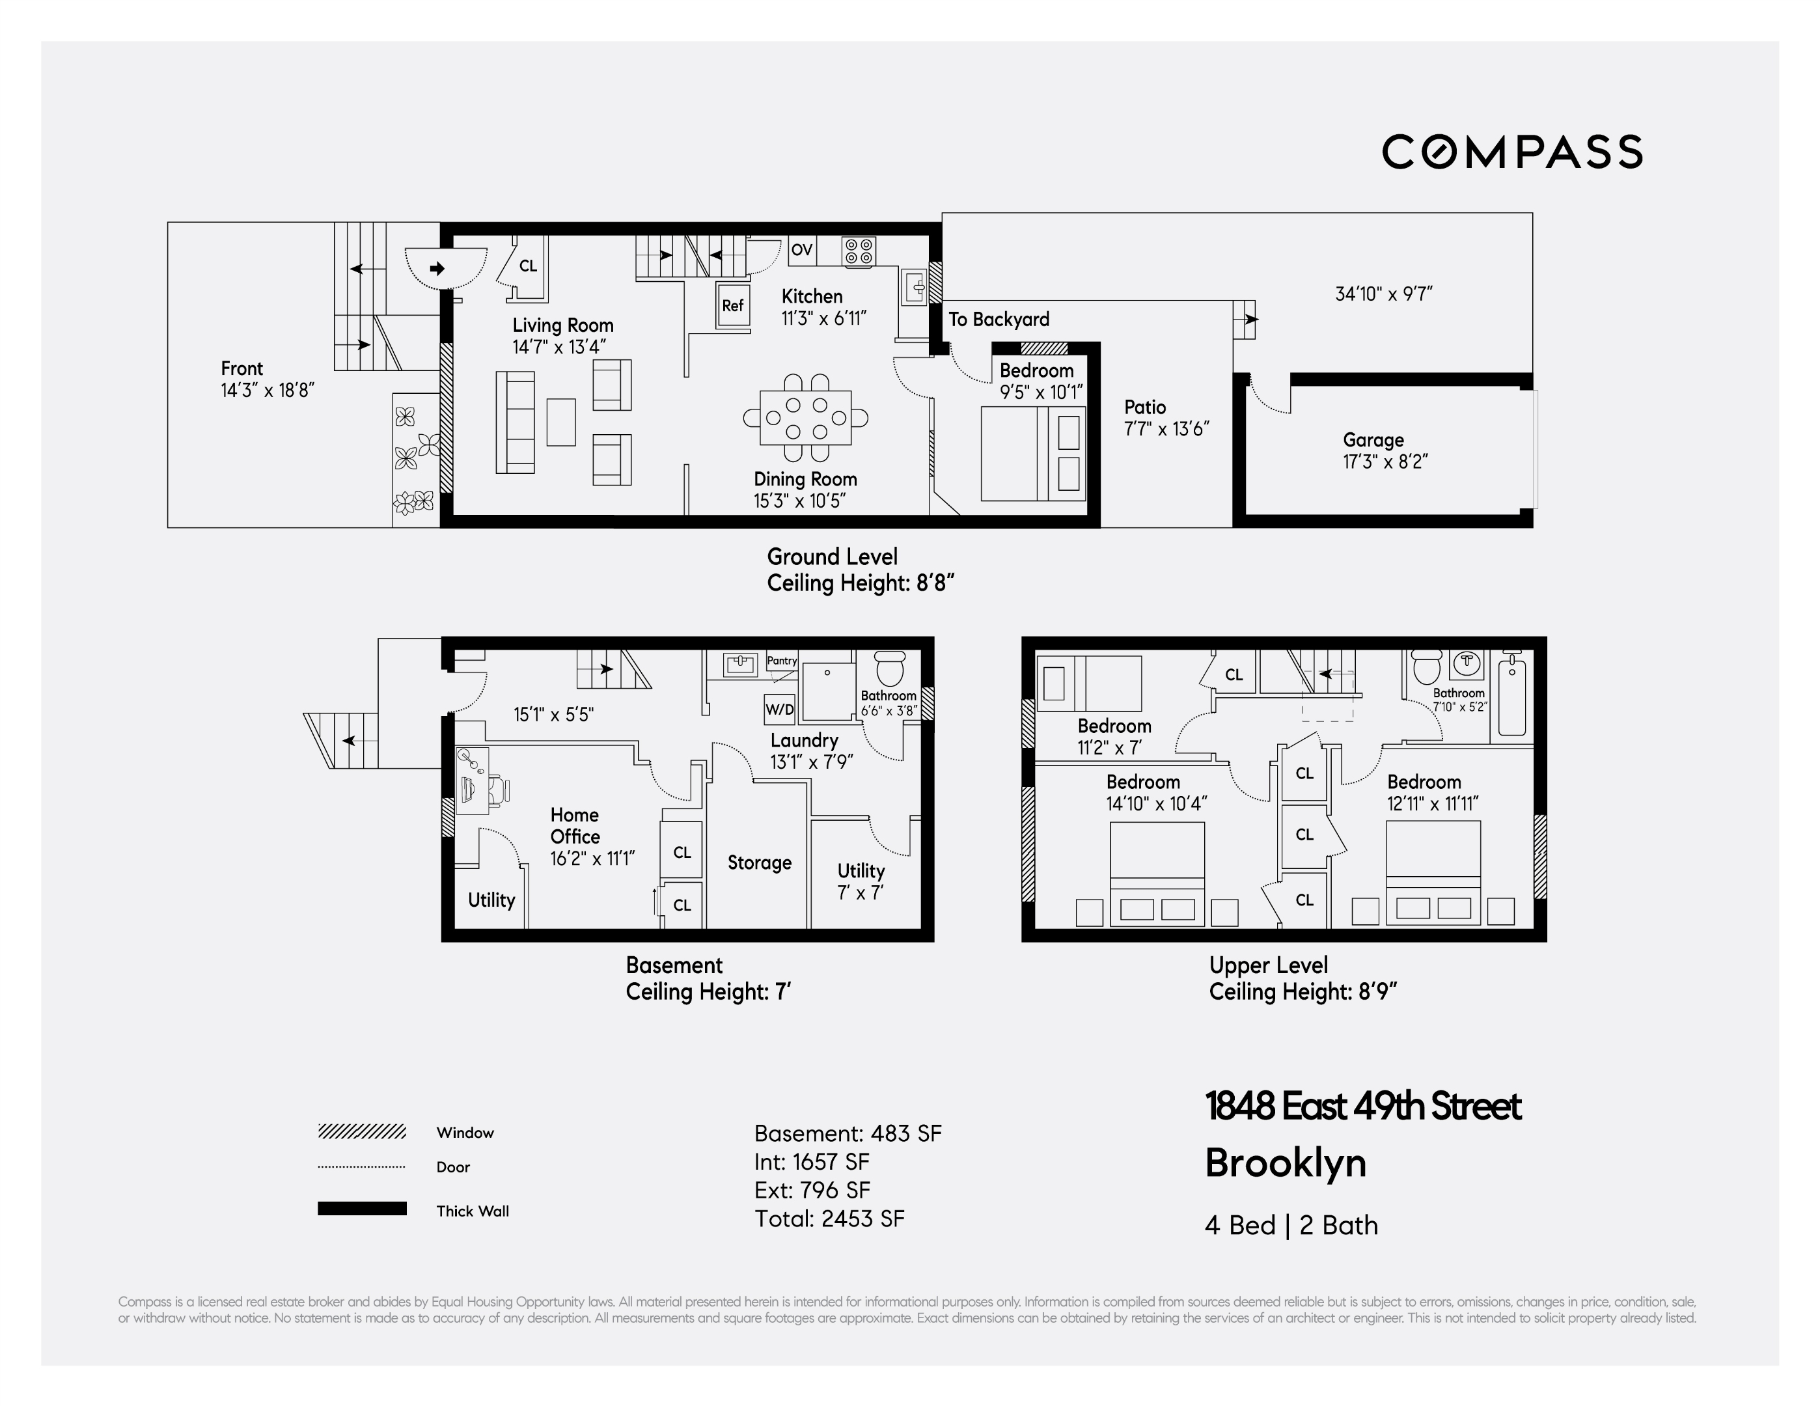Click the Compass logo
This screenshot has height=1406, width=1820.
pos(1511,152)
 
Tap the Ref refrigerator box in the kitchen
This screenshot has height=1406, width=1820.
pos(732,306)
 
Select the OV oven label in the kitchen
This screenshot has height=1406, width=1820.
pos(802,250)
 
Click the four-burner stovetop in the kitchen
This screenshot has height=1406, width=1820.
pos(859,251)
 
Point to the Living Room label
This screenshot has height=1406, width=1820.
pos(562,325)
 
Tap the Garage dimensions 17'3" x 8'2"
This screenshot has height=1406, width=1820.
pos(1385,462)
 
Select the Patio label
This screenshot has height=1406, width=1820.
pos(1144,407)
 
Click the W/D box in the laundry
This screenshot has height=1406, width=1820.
pos(779,710)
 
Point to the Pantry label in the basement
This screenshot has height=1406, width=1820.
pos(782,660)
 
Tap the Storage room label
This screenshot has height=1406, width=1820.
pos(759,862)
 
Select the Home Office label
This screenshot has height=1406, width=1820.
pos(574,825)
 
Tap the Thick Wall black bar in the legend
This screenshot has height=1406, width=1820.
pos(362,1209)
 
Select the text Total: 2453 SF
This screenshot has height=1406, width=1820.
pos(829,1219)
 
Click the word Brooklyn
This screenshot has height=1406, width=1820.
pos(1285,1163)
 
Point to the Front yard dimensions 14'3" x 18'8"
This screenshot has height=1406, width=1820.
pos(267,390)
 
